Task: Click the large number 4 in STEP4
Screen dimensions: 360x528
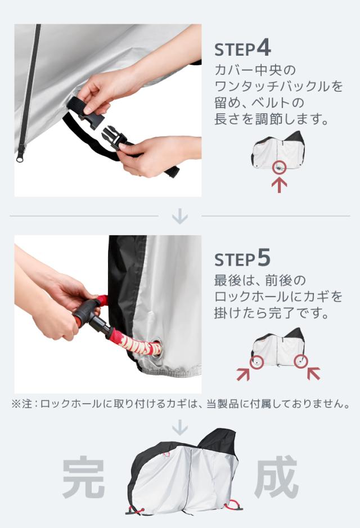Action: pos(264,49)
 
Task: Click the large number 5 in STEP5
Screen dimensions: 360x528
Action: pos(264,258)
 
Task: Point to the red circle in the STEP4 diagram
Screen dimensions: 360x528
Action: pos(279,167)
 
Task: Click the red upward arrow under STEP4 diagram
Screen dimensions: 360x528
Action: pos(279,185)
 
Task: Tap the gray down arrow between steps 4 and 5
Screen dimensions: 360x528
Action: pos(180,216)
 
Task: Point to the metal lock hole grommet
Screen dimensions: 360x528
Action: pos(155,350)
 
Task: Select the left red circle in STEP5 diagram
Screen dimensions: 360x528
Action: pos(256,362)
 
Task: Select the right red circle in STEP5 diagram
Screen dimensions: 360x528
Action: pos(301,361)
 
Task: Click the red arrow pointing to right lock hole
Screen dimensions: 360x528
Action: pos(313,373)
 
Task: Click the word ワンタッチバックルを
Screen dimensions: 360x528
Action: pos(279,87)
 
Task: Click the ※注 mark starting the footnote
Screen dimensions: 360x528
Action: pos(22,404)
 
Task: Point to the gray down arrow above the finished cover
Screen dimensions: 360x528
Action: pos(180,427)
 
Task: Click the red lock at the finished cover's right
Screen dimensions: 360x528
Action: pos(233,504)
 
